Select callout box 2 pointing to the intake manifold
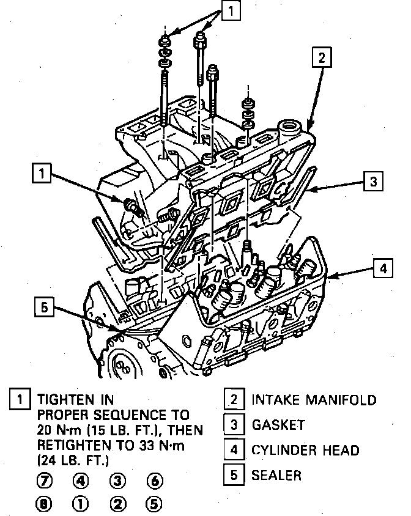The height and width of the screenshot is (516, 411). click(322, 57)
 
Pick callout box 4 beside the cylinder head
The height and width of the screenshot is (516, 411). click(381, 269)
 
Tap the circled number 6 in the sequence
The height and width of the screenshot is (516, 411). click(154, 482)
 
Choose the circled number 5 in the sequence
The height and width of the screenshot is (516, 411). click(154, 505)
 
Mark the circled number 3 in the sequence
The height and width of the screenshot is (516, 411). click(118, 482)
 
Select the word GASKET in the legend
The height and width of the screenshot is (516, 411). click(278, 425)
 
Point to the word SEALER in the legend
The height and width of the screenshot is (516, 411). click(276, 475)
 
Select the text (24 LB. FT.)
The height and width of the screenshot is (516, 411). click(73, 458)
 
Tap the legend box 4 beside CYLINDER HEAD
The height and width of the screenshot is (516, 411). click(233, 451)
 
